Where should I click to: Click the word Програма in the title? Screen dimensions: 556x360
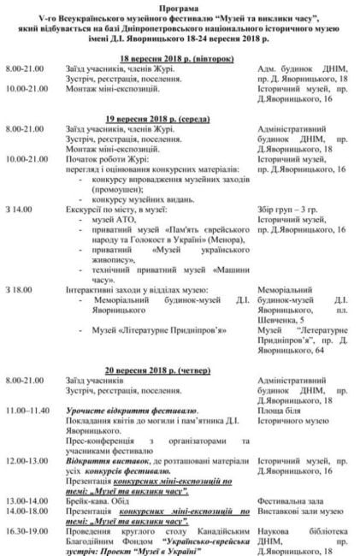coord(180,6)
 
